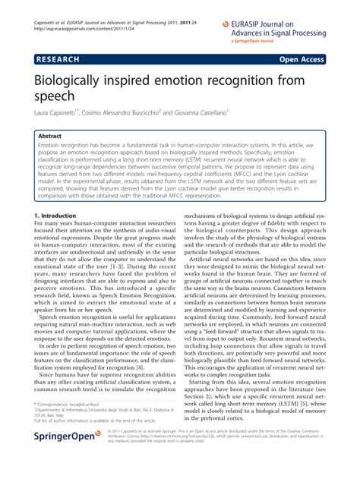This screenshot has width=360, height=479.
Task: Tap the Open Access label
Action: [303, 58]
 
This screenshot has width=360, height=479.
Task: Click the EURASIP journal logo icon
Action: [226, 24]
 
